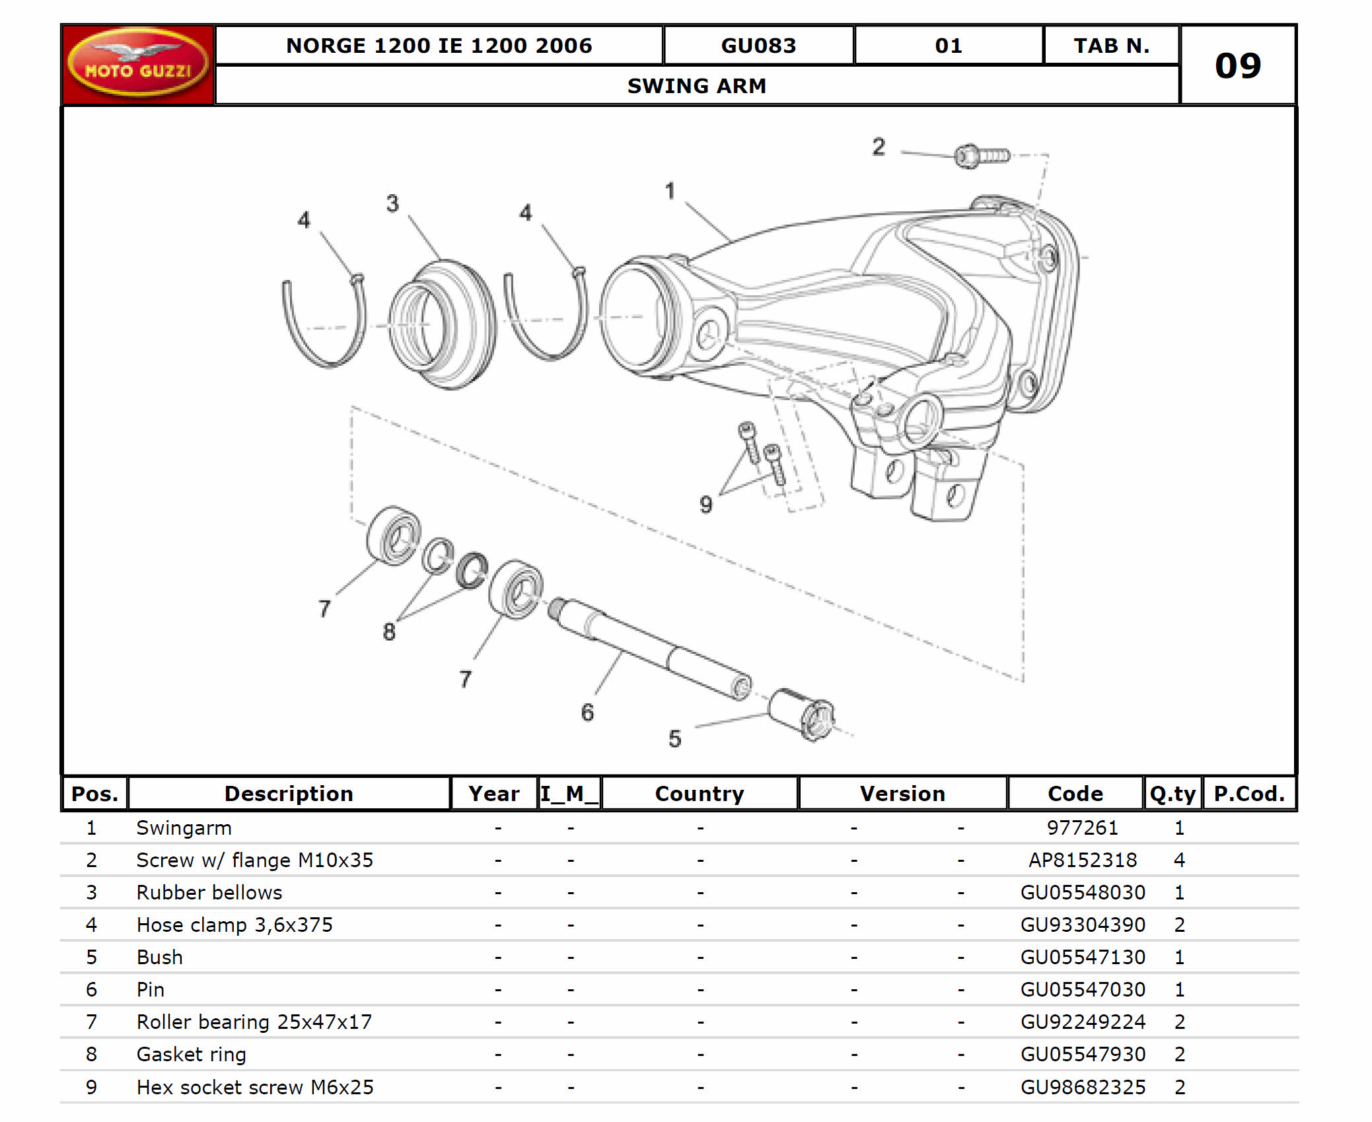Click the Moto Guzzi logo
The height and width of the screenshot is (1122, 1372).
[137, 63]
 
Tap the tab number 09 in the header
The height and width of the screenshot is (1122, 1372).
[1237, 65]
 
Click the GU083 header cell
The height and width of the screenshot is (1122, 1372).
[758, 46]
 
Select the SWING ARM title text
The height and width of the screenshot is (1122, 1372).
[696, 86]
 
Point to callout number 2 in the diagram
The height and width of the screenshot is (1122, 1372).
[878, 147]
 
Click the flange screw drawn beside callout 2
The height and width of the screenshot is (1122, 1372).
[981, 156]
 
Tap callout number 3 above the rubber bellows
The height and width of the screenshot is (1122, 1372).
[392, 203]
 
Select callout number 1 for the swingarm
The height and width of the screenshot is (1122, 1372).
[670, 191]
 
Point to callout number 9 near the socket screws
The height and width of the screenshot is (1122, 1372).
[705, 505]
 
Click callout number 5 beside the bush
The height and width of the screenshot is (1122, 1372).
[674, 738]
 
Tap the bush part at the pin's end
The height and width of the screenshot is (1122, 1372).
[801, 714]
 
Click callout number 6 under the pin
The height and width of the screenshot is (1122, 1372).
[587, 712]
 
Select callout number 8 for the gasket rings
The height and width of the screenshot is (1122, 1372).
[389, 632]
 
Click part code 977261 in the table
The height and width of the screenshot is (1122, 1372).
[1082, 827]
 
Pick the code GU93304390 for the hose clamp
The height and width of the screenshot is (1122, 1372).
[1082, 925]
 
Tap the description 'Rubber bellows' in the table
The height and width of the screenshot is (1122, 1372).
[209, 892]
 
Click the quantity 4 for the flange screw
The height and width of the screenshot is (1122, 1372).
[1179, 860]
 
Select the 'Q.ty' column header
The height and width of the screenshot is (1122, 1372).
[1173, 793]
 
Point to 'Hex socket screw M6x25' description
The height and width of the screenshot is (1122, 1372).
[254, 1087]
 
